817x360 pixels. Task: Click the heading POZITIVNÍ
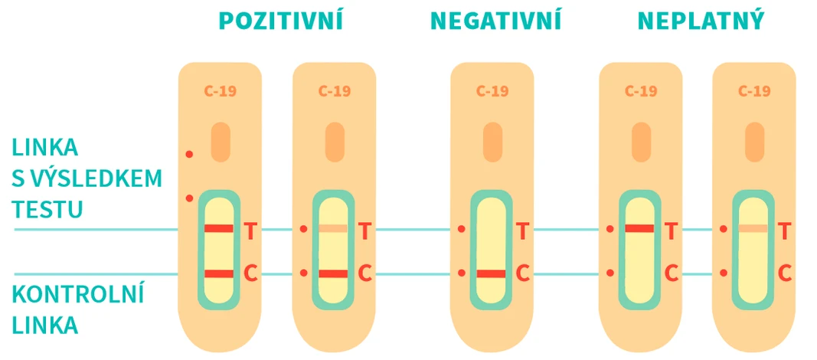(279, 21)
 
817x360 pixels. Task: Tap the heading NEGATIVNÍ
(495, 21)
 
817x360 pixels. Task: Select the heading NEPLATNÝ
(701, 21)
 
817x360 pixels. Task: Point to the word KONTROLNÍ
(79, 296)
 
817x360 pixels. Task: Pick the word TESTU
(47, 209)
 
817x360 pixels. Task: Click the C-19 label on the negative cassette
(492, 91)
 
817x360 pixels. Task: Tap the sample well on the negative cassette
(492, 142)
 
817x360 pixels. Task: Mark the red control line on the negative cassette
(492, 273)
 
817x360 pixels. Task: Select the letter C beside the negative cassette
(523, 273)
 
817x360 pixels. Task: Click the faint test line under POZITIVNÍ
(333, 229)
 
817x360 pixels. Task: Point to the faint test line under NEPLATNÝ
(753, 229)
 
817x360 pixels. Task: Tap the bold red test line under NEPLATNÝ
(640, 228)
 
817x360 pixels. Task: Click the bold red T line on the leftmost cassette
(219, 229)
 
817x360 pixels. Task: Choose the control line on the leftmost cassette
(219, 273)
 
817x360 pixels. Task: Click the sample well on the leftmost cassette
(221, 142)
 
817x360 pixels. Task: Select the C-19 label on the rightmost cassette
(754, 91)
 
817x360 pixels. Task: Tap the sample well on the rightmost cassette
(754, 142)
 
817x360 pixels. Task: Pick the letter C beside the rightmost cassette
(785, 273)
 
